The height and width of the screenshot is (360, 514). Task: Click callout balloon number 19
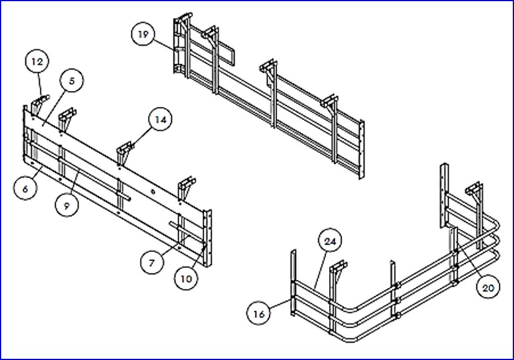pos(143,34)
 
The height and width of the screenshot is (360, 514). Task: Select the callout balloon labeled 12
pos(37,62)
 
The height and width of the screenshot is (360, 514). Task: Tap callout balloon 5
pos(72,81)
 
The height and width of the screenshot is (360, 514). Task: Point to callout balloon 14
pos(161,119)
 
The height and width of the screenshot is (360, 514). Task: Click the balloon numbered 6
pos(26,188)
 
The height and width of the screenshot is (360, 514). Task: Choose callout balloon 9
pos(67,206)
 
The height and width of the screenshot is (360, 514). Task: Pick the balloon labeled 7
pos(152,263)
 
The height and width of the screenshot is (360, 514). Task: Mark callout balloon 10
pos(186,278)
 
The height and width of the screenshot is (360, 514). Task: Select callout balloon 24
pos(330,241)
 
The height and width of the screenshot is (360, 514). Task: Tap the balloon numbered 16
pos(259,314)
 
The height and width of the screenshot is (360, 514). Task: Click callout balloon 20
pos(488,288)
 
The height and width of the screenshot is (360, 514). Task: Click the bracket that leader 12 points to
pos(39,103)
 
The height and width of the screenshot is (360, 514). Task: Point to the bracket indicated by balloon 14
pos(125,151)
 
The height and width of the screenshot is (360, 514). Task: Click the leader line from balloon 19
pos(164,45)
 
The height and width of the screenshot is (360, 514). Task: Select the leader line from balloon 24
pos(320,271)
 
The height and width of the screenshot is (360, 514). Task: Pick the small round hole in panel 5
pos(153,191)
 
